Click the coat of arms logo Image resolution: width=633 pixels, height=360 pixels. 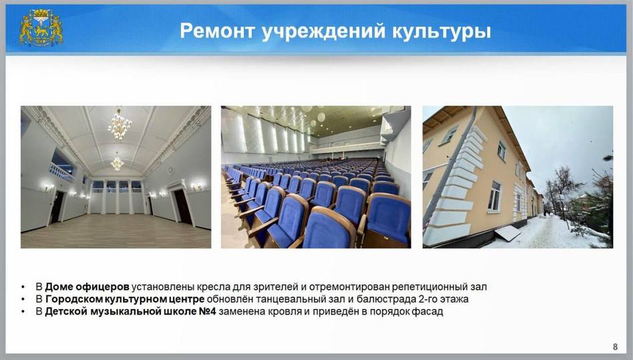tap(41, 28)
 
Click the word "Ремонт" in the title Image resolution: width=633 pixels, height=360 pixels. tap(217, 31)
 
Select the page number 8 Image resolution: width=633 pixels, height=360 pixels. tap(615, 347)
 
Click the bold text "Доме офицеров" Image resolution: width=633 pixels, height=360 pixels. tap(87, 287)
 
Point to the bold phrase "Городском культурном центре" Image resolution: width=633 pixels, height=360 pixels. tap(125, 299)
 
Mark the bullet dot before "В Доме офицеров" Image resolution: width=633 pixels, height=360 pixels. tap(23, 287)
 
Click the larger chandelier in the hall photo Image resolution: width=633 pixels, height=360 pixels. tap(120, 124)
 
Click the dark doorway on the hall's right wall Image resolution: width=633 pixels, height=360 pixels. tap(182, 206)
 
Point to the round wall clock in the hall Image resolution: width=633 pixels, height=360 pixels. tap(170, 170)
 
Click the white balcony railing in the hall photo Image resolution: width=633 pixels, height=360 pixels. tap(61, 173)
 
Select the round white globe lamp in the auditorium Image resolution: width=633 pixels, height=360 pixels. tap(321, 118)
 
